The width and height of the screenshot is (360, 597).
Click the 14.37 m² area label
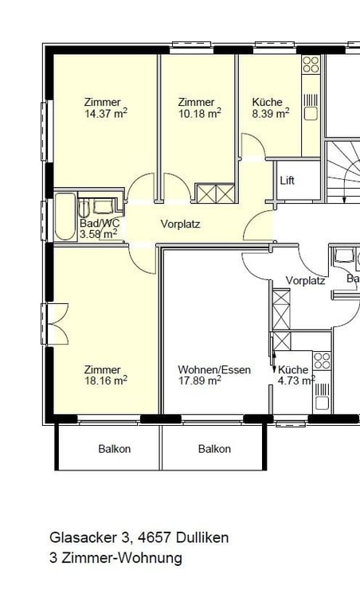106,114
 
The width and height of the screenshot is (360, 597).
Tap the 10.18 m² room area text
200,114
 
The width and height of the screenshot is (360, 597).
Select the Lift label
288,181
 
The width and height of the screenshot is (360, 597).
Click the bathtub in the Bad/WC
65,217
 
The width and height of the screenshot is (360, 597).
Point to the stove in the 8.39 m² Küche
311,64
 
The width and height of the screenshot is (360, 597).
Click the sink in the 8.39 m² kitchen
311,114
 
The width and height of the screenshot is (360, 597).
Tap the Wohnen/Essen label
214,369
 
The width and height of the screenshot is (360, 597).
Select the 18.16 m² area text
106,380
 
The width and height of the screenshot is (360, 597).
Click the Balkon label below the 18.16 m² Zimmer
114,449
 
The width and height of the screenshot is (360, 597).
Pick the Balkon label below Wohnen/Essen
214,449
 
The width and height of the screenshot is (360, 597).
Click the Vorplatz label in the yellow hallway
180,224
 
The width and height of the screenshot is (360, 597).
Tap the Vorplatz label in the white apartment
305,281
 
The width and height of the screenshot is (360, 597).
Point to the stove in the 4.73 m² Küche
322,361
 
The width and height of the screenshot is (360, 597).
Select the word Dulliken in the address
202,537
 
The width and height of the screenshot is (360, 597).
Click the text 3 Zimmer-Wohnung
115,558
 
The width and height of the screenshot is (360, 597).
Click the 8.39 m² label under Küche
271,114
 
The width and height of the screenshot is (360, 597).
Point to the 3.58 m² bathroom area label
98,234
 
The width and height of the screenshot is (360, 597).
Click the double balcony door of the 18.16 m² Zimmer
57,324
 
